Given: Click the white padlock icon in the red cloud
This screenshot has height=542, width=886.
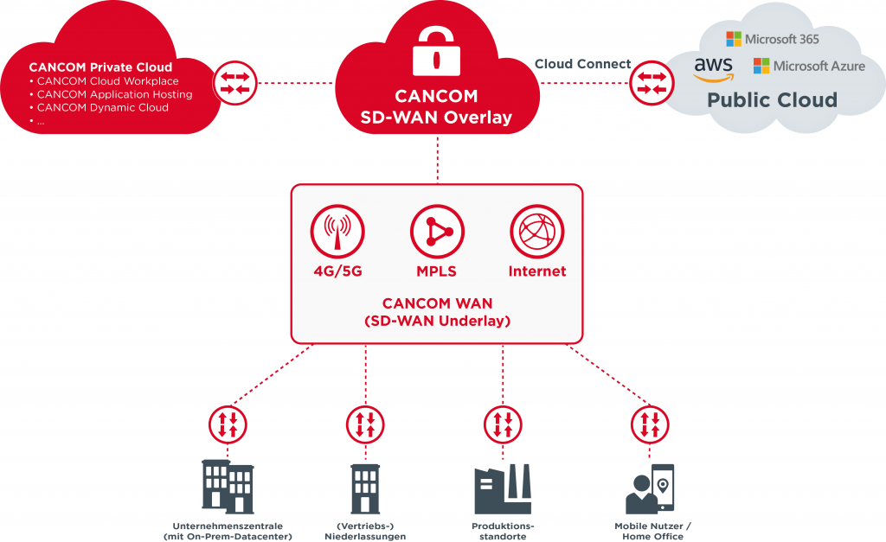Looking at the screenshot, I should point(436,52).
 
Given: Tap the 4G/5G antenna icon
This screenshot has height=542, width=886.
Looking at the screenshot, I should point(337,233).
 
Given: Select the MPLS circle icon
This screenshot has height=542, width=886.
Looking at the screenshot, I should point(437,233).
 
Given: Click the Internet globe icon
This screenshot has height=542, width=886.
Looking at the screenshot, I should point(537,233).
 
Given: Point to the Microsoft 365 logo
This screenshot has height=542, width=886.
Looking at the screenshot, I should point(772,39).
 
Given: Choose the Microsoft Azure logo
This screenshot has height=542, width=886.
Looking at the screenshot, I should point(809,66).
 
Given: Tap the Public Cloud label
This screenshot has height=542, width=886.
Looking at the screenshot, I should point(772,99).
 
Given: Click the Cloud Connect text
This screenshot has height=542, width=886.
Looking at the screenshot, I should point(582,64).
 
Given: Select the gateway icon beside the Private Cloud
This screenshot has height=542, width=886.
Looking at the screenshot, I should point(235,83).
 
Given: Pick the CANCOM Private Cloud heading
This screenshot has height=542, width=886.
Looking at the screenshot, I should point(100,67).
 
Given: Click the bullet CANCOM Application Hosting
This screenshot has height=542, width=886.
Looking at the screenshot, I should point(114,94).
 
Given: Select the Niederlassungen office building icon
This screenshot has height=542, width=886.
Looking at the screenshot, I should point(365,489).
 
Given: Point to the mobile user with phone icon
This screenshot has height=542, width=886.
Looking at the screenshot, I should point(650,489).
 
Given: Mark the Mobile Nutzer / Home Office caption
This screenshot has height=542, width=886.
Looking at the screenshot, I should point(652,531).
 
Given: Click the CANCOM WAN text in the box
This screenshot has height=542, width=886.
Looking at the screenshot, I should point(437,304).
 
